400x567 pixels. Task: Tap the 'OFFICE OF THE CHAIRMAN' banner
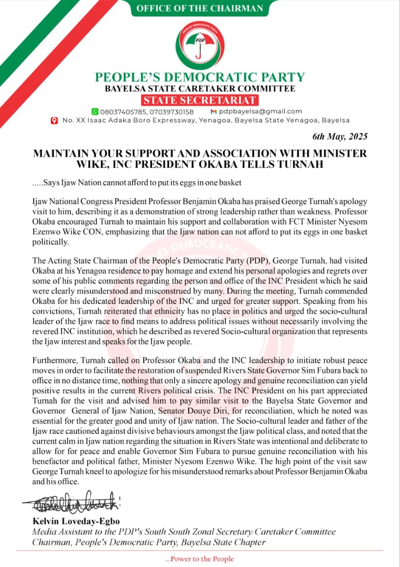[200, 8]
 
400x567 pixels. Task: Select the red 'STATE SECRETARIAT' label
[200, 100]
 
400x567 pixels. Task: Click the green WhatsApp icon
[95, 111]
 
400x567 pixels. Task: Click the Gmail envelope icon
[213, 111]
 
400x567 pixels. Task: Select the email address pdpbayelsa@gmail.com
[261, 111]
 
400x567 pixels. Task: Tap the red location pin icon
[54, 121]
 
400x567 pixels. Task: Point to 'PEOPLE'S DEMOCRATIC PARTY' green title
[200, 77]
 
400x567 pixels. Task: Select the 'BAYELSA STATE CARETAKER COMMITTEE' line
[200, 89]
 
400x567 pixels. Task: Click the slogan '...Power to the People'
[200, 559]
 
